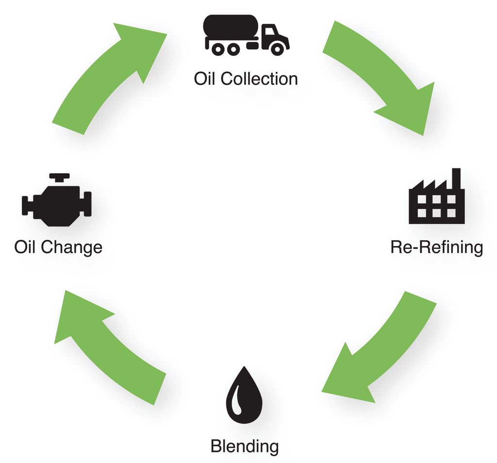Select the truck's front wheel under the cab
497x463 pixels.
tap(277, 49)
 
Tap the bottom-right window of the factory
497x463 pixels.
tap(451, 213)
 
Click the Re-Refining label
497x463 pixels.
tap(436, 247)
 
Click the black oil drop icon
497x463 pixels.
tap(244, 396)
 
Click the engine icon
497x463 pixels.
tap(57, 204)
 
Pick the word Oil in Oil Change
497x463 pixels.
tap(25, 247)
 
